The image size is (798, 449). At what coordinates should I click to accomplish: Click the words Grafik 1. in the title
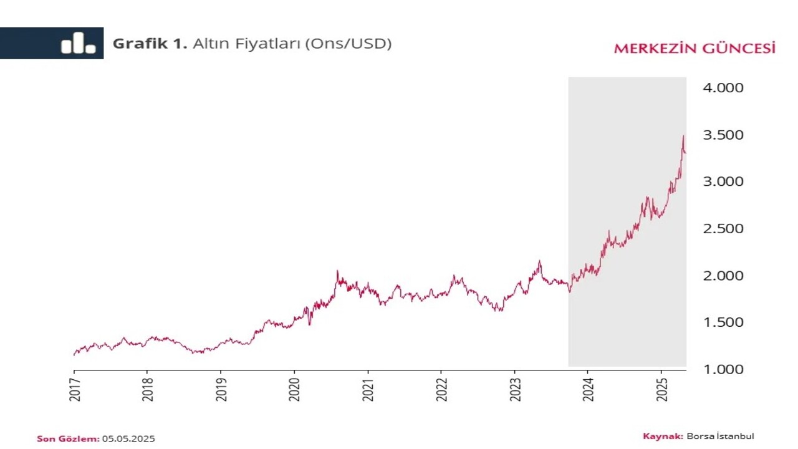[x=150, y=44]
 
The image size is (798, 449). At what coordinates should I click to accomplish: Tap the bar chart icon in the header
[x=78, y=43]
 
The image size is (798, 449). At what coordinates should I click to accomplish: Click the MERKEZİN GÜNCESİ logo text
[x=695, y=49]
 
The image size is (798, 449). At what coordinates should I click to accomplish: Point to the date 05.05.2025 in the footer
[x=128, y=439]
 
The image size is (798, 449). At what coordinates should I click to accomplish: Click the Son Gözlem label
[x=68, y=439]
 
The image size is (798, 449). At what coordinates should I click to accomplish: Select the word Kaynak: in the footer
[x=663, y=437]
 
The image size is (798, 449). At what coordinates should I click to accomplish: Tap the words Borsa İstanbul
[x=720, y=437]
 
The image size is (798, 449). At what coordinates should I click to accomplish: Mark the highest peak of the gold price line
[x=683, y=136]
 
